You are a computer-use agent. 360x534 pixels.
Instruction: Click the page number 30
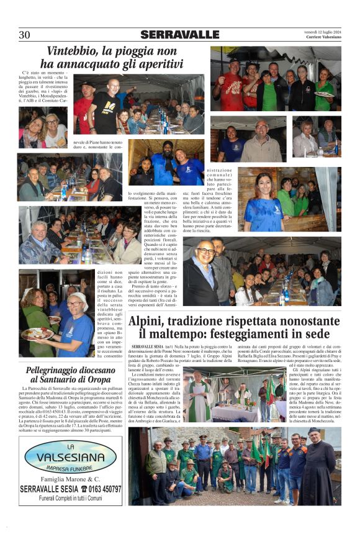[25, 35]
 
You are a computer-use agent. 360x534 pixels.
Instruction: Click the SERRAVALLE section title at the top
[179, 35]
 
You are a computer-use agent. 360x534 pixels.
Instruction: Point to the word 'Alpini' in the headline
[149, 322]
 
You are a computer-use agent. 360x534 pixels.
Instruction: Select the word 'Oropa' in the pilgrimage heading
[98, 379]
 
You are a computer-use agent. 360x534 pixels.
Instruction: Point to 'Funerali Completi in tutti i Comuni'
[70, 499]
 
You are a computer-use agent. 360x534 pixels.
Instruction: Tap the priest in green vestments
[199, 400]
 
